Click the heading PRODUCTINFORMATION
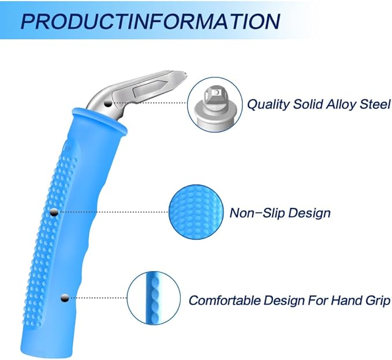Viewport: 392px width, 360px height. (150, 21)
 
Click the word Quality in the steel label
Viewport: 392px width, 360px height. (268, 105)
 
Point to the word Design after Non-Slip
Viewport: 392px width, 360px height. (309, 213)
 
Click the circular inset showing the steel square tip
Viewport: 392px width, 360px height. (215, 105)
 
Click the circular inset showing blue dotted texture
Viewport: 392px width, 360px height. (196, 212)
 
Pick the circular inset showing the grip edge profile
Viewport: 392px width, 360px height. (154, 298)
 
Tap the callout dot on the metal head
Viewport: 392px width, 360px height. (108, 103)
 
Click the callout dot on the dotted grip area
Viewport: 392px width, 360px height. (54, 213)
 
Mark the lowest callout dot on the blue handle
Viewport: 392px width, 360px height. (65, 298)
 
